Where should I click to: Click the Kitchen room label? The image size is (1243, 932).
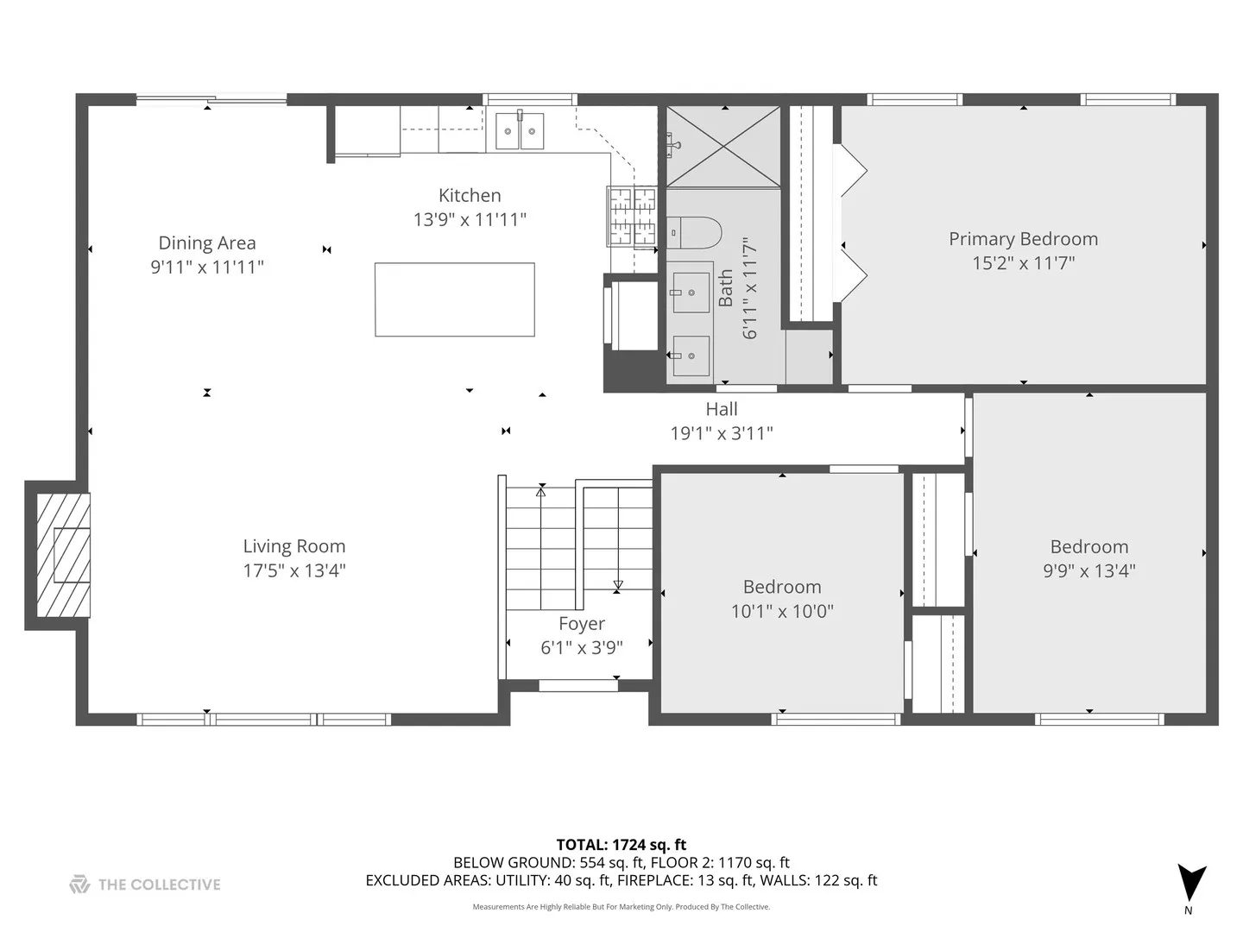click(x=470, y=196)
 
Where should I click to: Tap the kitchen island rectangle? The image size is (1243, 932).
click(x=454, y=299)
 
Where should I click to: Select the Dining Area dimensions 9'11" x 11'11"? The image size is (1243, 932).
click(x=207, y=268)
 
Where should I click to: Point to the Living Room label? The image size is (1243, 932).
click(x=294, y=546)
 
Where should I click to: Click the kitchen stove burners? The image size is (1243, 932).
click(x=633, y=216)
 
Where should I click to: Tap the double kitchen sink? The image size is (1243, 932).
click(x=520, y=131)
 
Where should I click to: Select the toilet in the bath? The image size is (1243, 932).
click(x=696, y=232)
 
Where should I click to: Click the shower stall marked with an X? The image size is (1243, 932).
click(x=723, y=147)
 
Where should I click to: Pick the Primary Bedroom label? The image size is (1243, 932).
click(x=1023, y=239)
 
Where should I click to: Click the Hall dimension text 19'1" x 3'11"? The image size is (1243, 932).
click(x=722, y=433)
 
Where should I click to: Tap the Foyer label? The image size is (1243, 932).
click(x=582, y=624)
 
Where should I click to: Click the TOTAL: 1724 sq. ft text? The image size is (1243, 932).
click(x=621, y=845)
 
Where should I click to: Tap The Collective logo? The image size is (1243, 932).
click(x=145, y=884)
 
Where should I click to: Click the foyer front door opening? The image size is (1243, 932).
click(x=578, y=686)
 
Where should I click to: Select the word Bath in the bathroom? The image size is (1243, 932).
click(x=726, y=287)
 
